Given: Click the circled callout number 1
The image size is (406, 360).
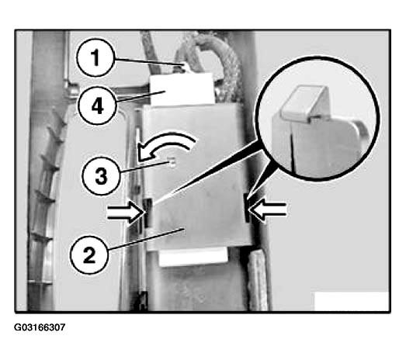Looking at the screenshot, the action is [x=95, y=57].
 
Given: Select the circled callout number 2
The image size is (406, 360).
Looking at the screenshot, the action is [x=89, y=255].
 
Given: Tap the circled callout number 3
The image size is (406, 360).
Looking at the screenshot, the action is [x=101, y=176].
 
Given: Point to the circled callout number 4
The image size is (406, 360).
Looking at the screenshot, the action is [x=97, y=106].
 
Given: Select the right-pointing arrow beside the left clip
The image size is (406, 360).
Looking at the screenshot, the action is [x=126, y=213].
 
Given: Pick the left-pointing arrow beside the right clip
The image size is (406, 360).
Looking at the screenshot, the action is [x=268, y=210].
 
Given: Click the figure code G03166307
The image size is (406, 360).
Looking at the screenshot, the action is [x=40, y=327].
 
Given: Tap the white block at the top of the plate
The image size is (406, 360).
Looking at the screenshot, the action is [x=182, y=89].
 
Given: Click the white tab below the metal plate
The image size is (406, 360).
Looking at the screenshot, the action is [x=193, y=257].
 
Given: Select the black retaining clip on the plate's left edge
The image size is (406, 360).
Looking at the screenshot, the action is [x=147, y=213].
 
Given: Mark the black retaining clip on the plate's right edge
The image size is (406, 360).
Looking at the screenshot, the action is [x=247, y=208].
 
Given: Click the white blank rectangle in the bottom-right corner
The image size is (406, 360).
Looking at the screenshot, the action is [x=352, y=301].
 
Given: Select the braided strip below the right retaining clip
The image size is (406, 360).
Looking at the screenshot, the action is [x=257, y=280].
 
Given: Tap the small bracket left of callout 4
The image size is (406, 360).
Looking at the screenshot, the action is [x=71, y=88].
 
